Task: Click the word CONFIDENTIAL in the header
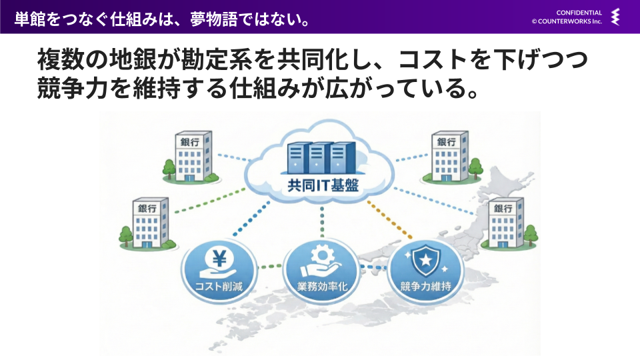pos(579,13)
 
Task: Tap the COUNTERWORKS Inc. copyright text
pos(567,21)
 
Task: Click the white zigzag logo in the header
pos(615,17)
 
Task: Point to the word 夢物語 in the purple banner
pos(213,19)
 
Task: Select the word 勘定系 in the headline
pos(216,59)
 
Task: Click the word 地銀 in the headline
pos(133,59)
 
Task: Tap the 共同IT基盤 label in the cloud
pos(323,186)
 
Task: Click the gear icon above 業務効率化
pos(323,255)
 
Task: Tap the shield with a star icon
pos(425,260)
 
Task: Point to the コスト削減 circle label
pos(219,287)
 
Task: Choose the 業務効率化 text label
pos(322,287)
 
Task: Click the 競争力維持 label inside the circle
pos(426,287)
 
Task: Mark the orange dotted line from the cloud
pos(389,219)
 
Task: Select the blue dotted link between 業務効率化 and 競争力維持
pos(373,267)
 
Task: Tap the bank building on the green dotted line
pos(149,224)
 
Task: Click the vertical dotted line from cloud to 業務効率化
pos(322,221)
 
